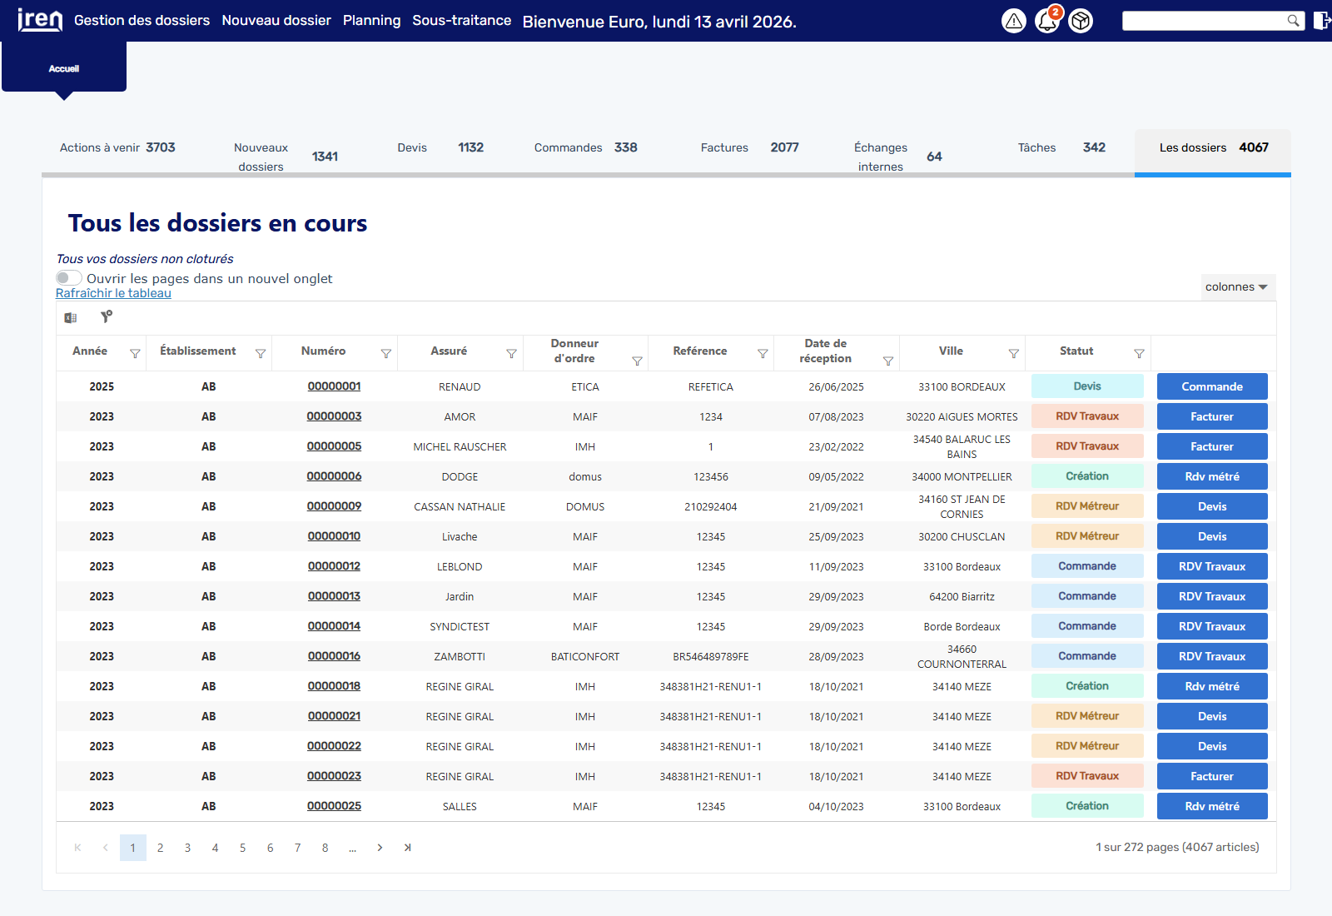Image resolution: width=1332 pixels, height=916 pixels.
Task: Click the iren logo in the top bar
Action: click(40, 20)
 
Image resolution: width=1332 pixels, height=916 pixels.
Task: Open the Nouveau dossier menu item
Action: click(276, 20)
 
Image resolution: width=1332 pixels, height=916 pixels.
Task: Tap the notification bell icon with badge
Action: click(1048, 21)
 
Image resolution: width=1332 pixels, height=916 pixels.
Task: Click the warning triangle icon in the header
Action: click(1014, 22)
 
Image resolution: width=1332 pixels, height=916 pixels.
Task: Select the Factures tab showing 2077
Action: click(749, 147)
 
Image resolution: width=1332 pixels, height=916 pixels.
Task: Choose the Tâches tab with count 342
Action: click(1061, 147)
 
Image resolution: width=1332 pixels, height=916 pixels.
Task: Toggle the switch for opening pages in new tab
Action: click(68, 278)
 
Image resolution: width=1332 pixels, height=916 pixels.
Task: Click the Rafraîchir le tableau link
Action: click(113, 293)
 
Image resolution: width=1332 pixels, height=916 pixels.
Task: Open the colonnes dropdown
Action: click(1237, 286)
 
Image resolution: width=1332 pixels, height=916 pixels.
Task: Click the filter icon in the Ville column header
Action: click(1014, 354)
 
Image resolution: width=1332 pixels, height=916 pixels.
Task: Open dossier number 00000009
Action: click(334, 506)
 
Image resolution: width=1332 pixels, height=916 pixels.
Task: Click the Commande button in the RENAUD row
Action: click(1212, 386)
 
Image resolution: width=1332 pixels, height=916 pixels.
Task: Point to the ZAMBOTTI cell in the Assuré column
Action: click(460, 657)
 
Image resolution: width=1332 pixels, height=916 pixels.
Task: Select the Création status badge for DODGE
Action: click(1087, 476)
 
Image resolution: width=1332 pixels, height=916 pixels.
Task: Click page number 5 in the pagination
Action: click(242, 848)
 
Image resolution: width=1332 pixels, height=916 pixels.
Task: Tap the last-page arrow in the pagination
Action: click(407, 848)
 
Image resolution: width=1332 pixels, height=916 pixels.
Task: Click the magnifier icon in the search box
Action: click(1293, 21)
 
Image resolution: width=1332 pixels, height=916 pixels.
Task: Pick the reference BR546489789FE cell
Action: click(711, 657)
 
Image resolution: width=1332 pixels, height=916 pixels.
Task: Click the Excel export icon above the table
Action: click(71, 318)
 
